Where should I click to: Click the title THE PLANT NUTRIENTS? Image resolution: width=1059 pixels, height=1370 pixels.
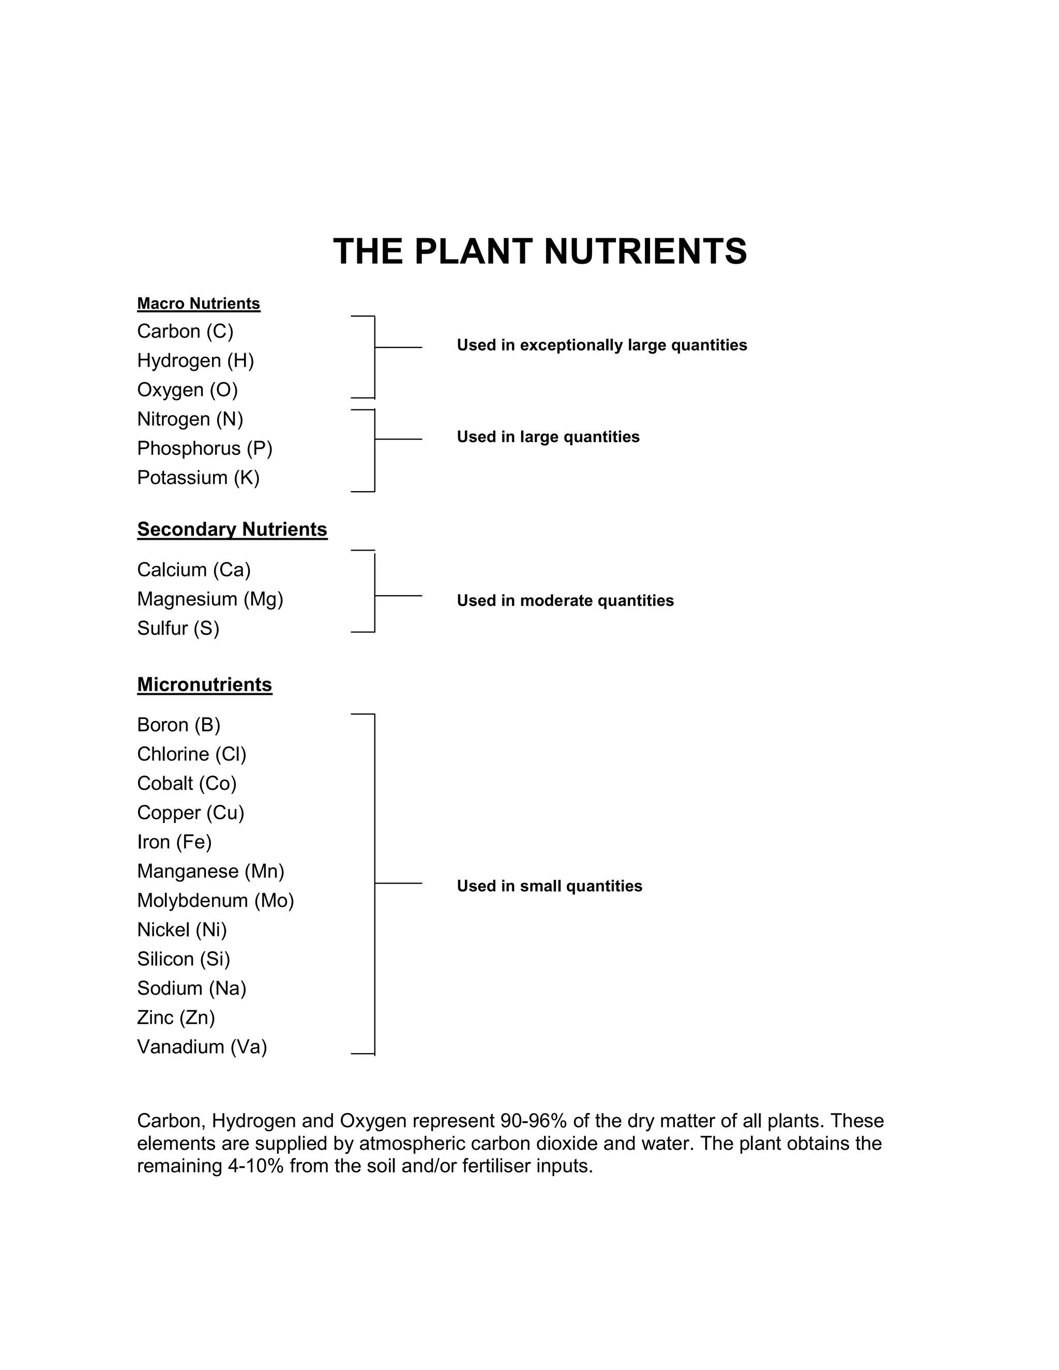[539, 252]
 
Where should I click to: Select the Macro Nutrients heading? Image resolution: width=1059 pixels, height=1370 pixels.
[198, 303]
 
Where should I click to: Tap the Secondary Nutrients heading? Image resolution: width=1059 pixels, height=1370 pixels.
[232, 529]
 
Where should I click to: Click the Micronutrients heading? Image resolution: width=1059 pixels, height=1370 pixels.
[205, 684]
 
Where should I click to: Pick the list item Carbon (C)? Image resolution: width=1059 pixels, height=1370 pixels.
[185, 331]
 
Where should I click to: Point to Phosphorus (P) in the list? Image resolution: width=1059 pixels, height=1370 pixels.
[205, 449]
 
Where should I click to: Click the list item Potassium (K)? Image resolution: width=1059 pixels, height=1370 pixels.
[198, 478]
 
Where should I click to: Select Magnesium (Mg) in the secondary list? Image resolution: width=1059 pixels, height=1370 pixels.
[210, 599]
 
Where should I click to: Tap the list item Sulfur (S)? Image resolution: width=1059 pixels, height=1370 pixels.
[178, 629]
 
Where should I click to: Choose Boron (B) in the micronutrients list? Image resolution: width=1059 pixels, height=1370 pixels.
[179, 725]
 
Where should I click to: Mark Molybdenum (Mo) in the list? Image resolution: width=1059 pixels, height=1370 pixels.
[215, 901]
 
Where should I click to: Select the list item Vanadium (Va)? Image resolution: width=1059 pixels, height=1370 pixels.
[202, 1047]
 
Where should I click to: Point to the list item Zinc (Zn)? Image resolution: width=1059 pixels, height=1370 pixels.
[176, 1017]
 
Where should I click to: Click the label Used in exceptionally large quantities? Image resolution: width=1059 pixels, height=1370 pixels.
[602, 346]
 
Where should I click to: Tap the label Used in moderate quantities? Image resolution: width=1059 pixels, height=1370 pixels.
[565, 601]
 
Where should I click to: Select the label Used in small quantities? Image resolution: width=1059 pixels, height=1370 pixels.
[550, 886]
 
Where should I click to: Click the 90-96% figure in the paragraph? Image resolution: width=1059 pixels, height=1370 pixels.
[529, 1121]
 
